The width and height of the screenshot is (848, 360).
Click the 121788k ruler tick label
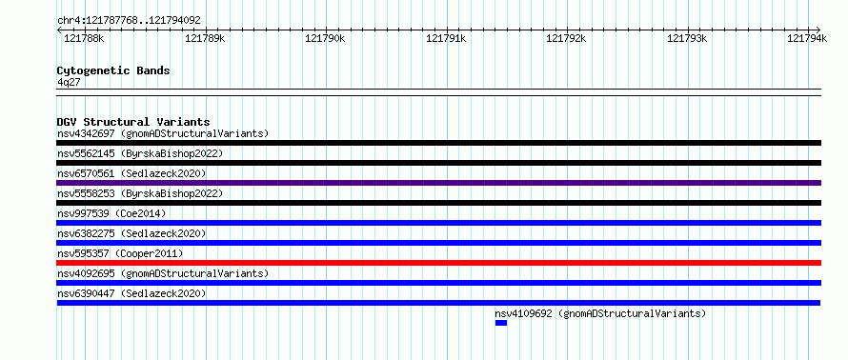[x=84, y=38]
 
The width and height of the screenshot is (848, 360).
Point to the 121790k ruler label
[x=325, y=38]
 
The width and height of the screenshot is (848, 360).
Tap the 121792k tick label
[x=566, y=38]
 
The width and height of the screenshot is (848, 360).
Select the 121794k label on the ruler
[x=807, y=38]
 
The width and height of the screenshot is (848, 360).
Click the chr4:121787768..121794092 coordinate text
[x=129, y=21]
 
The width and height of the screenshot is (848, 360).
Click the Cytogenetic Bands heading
[x=113, y=70]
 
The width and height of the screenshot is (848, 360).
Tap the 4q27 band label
[x=69, y=82]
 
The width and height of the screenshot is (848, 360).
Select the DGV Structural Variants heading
[x=133, y=122]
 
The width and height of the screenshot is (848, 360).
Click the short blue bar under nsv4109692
[x=501, y=323]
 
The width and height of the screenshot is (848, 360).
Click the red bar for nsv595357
[x=438, y=263]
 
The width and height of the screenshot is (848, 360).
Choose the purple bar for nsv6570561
[x=438, y=183]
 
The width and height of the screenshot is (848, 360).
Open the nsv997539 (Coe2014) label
[x=111, y=213]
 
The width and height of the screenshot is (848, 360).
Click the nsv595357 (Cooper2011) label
[x=120, y=253]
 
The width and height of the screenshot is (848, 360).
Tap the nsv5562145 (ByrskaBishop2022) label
[x=140, y=153]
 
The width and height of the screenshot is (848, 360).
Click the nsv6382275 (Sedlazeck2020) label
[x=131, y=233]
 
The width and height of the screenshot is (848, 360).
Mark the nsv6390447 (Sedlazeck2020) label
[x=131, y=293]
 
